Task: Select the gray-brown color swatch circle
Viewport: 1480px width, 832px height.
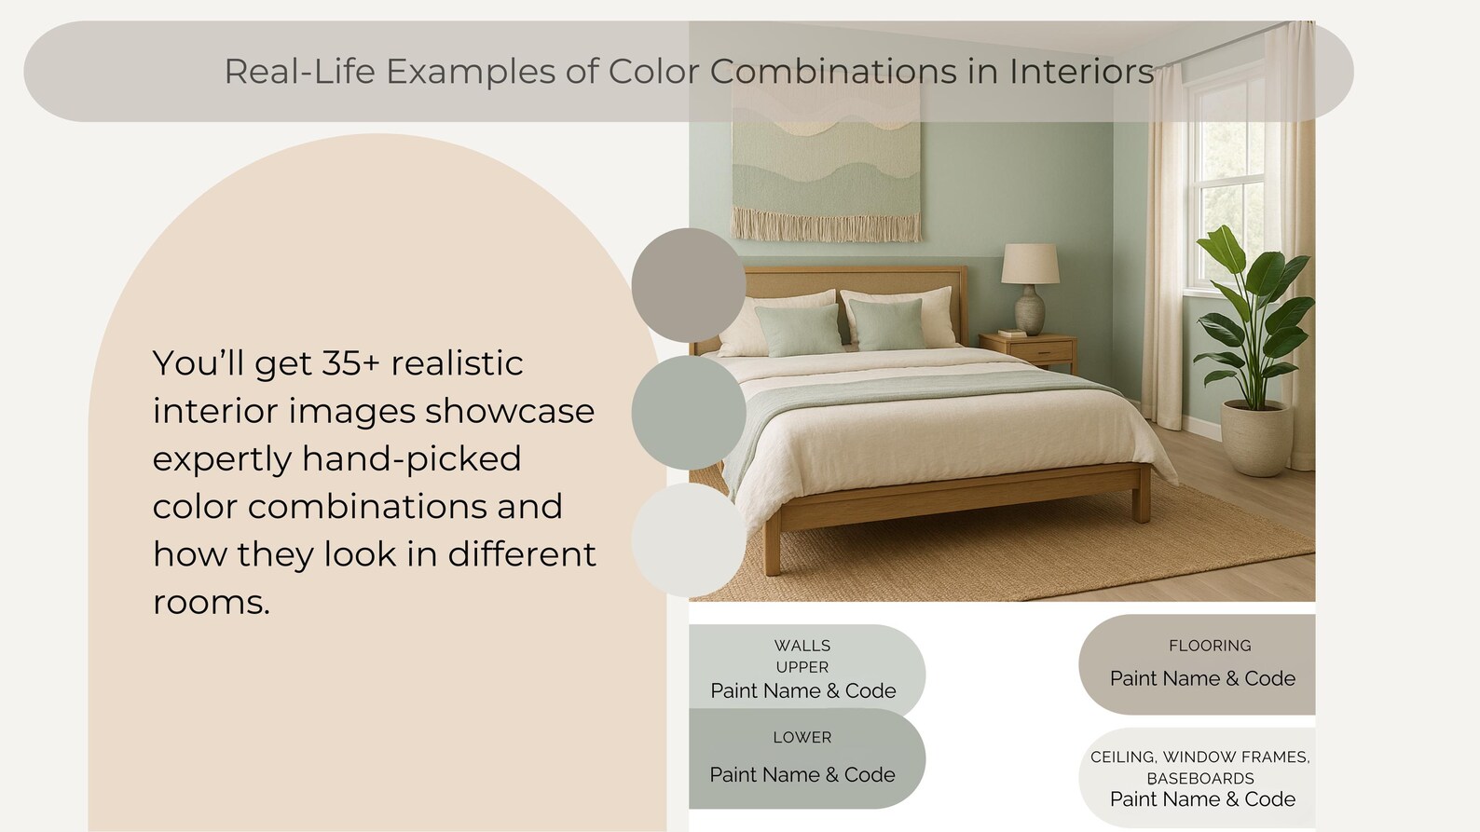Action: click(688, 285)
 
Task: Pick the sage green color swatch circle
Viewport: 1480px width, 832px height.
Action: click(688, 413)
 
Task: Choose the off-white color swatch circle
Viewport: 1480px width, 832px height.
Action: click(688, 540)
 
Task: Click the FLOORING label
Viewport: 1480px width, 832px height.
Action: click(1210, 646)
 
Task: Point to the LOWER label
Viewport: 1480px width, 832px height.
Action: click(802, 737)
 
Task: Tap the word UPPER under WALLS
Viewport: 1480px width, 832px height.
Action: click(802, 667)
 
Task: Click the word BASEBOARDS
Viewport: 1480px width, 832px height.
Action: click(1200, 778)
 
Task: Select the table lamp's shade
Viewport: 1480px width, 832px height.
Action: click(1030, 264)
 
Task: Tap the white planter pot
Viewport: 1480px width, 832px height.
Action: click(1256, 437)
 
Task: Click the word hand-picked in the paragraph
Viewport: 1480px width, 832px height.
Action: click(411, 459)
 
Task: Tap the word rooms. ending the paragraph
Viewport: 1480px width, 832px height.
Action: click(212, 603)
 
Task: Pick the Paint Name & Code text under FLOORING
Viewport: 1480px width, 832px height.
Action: click(1202, 678)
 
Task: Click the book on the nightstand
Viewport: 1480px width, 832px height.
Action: click(1012, 333)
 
